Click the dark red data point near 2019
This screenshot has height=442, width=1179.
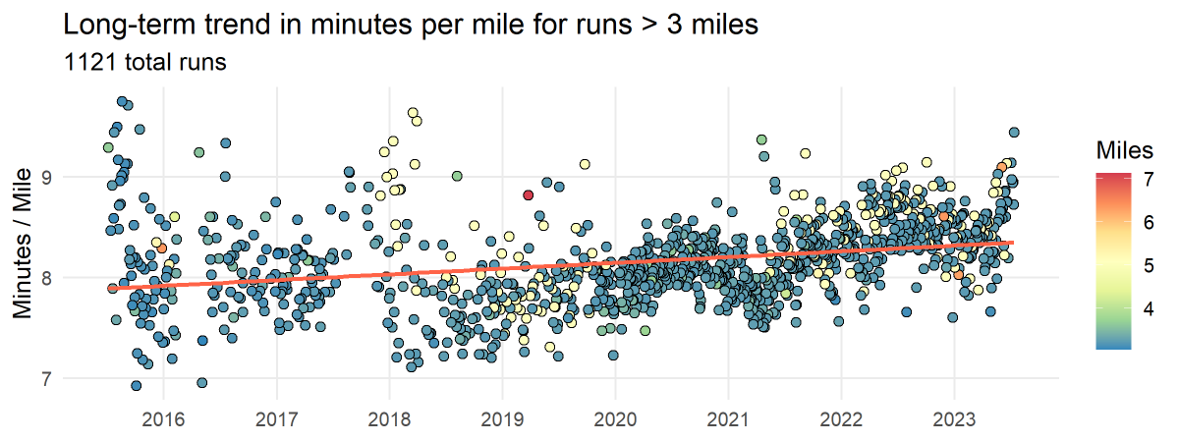pos(528,194)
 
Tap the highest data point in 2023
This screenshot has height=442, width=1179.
pos(1014,132)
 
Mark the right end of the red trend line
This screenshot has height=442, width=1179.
pos(1013,242)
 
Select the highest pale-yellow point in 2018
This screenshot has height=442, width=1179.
pos(413,113)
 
